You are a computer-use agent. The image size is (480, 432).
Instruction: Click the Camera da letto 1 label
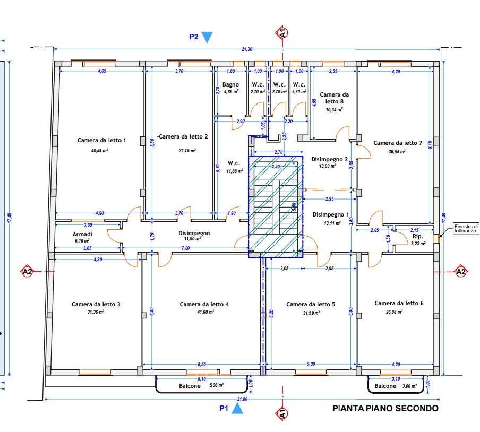(x=101, y=140)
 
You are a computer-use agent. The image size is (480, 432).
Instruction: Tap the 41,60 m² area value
(x=205, y=312)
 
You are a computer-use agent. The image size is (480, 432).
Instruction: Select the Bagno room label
(x=230, y=85)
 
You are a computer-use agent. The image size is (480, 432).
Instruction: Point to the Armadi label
(x=82, y=234)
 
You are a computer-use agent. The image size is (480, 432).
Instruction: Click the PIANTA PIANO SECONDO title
(x=385, y=408)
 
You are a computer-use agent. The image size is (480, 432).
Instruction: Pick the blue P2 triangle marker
(x=207, y=37)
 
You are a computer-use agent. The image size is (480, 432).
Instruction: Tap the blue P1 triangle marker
(x=237, y=409)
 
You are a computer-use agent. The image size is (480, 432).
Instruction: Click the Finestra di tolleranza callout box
(x=466, y=229)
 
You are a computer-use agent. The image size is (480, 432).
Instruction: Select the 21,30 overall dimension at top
(x=247, y=49)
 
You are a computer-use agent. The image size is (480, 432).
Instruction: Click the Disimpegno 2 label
(x=329, y=159)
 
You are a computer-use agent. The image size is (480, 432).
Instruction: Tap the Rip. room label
(x=418, y=237)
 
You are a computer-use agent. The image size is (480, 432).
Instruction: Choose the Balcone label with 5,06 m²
(x=190, y=386)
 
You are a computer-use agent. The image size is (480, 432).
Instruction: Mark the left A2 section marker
(x=28, y=271)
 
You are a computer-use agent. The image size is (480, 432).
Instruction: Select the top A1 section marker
(x=282, y=33)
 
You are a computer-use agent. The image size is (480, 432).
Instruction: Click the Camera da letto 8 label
(x=335, y=98)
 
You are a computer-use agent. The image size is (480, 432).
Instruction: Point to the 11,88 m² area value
(x=235, y=171)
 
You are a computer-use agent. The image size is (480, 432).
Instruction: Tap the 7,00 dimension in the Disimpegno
(x=185, y=248)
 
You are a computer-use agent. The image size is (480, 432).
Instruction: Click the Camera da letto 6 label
(x=399, y=303)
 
